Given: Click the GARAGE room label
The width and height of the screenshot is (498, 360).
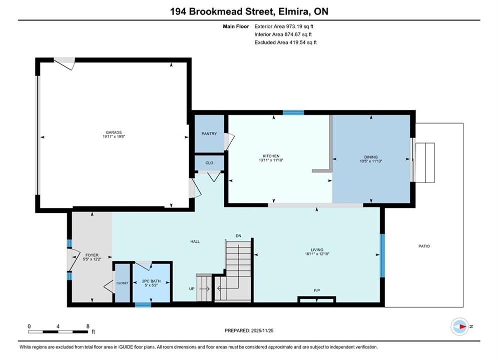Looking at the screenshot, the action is [x=114, y=132].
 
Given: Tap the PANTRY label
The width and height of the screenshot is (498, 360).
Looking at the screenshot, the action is [x=209, y=133].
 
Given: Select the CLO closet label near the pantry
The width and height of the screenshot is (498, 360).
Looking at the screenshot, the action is [x=209, y=162].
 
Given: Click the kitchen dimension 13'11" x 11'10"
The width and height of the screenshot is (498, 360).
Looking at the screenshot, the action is [x=271, y=160].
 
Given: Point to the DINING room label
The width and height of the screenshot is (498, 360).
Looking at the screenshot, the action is [x=371, y=156].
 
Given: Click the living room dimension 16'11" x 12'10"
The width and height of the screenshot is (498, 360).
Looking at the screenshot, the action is [x=317, y=253].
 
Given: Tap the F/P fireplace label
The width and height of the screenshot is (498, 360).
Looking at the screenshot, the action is [x=317, y=290].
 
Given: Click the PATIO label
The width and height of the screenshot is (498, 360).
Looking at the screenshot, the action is [x=424, y=246].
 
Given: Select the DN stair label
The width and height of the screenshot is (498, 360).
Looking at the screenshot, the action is [x=239, y=235].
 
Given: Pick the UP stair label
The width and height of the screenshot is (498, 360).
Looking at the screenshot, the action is [x=192, y=288].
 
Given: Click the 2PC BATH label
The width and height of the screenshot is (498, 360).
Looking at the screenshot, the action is [x=151, y=281].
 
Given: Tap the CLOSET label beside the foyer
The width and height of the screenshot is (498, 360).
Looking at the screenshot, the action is [x=122, y=283].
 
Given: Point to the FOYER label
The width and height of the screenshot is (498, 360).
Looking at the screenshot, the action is [x=92, y=254].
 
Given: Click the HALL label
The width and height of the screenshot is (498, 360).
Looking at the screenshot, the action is [x=195, y=241].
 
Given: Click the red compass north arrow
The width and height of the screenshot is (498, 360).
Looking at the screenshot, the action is [x=463, y=326].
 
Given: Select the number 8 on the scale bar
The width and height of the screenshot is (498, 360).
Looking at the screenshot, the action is [x=88, y=326].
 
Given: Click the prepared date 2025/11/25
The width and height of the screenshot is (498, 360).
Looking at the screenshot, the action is [x=262, y=330].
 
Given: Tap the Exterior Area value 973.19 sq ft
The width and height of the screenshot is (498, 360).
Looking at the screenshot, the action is [x=299, y=26].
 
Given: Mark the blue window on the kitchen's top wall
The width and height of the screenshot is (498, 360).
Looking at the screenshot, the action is [x=293, y=112].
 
